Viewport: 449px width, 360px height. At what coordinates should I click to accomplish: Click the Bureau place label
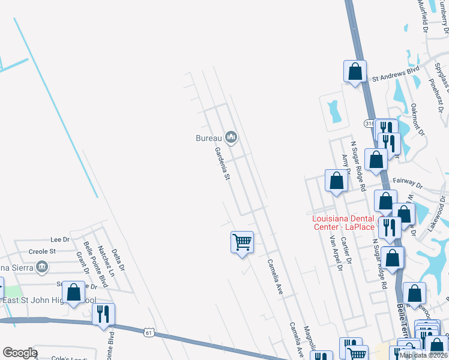click(x=209, y=138)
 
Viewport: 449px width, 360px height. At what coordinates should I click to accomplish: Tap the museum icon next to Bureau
click(x=231, y=138)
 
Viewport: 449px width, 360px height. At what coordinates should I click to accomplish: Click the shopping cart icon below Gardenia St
click(x=242, y=242)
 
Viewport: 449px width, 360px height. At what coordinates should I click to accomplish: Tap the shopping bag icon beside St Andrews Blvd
click(x=355, y=71)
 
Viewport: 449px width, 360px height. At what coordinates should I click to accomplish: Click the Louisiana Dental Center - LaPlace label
click(x=343, y=223)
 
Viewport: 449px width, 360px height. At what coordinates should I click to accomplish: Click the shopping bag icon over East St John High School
click(x=74, y=293)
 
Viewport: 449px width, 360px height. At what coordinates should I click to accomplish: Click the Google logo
click(x=19, y=353)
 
